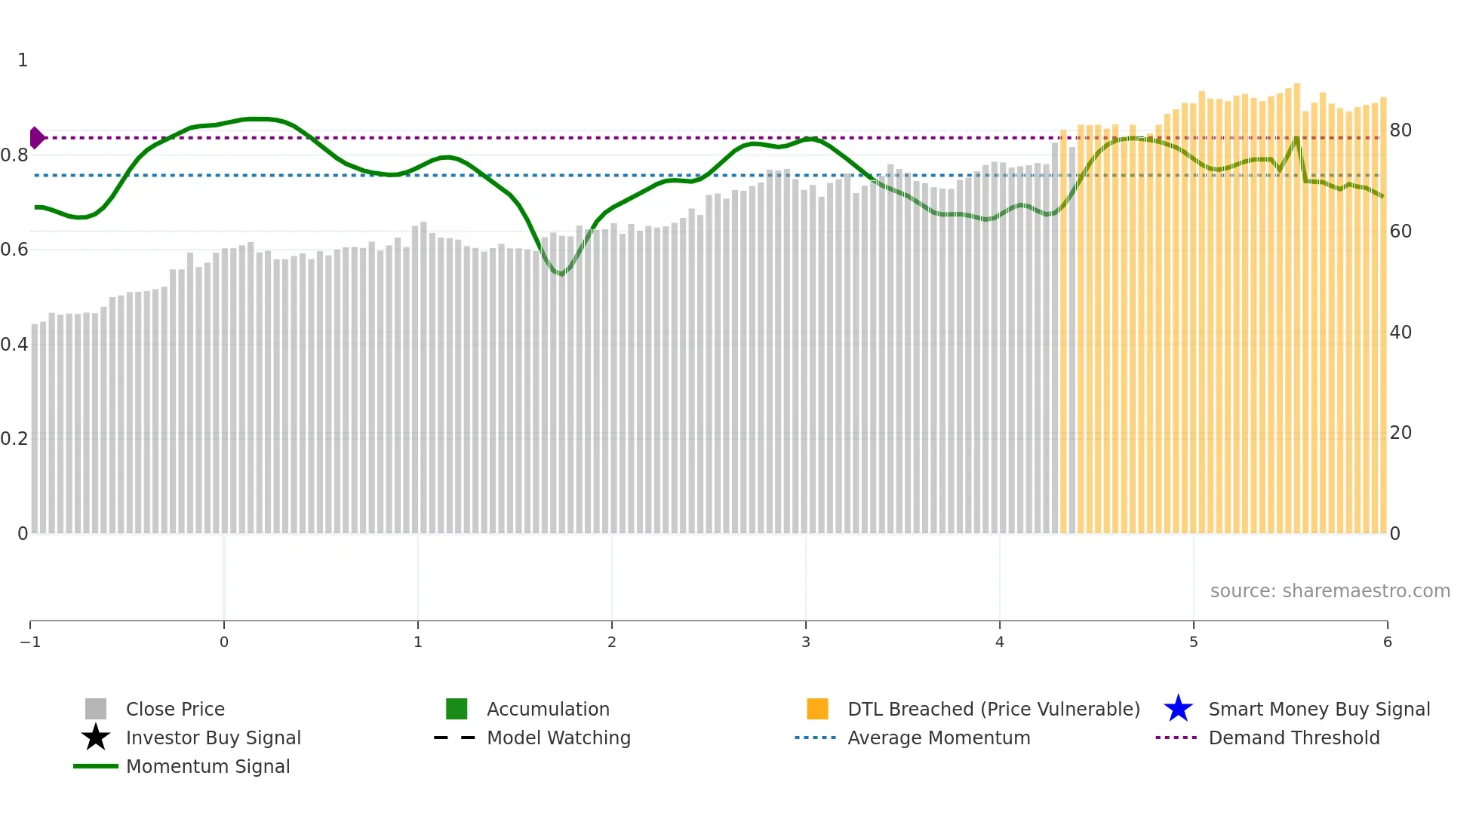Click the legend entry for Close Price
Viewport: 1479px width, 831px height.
pyautogui.click(x=174, y=709)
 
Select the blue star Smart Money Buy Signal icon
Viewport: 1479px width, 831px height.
pyautogui.click(x=1178, y=709)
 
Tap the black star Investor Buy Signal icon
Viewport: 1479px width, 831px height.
pyautogui.click(x=96, y=737)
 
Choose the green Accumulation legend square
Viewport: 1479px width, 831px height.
pyautogui.click(x=457, y=709)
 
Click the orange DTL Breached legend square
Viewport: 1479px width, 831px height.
pyautogui.click(x=817, y=709)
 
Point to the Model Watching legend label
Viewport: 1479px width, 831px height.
pyautogui.click(x=558, y=737)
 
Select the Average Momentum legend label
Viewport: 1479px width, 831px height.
pyautogui.click(x=939, y=737)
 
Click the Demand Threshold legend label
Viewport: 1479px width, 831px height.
pyautogui.click(x=1293, y=737)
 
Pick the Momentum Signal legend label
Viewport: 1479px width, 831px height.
pyautogui.click(x=208, y=766)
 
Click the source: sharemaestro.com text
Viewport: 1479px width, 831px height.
pyautogui.click(x=1330, y=590)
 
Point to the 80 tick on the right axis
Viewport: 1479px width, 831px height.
pyautogui.click(x=1401, y=130)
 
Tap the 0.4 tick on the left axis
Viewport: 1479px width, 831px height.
pyautogui.click(x=14, y=345)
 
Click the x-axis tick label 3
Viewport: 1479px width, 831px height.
pyautogui.click(x=806, y=642)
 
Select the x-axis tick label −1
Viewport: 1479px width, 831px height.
pyautogui.click(x=30, y=642)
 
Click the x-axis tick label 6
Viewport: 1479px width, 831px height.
pyautogui.click(x=1387, y=642)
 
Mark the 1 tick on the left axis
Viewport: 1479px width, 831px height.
pyautogui.click(x=23, y=60)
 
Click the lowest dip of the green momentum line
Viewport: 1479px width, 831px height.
pyautogui.click(x=561, y=274)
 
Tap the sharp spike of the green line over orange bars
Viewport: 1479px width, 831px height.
pyautogui.click(x=1296, y=138)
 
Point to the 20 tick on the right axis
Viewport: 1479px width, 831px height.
pyautogui.click(x=1401, y=433)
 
